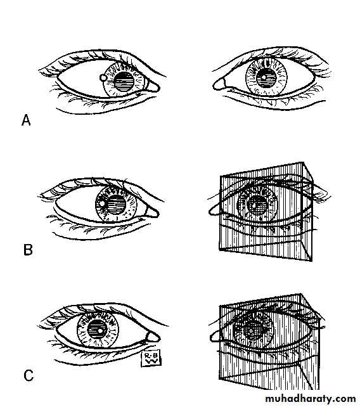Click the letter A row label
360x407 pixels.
26,120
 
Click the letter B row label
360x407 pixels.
28,250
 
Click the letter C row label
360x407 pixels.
29,375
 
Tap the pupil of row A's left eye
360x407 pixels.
124,81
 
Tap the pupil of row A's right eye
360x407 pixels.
266,78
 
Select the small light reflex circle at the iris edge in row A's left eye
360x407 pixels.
103,77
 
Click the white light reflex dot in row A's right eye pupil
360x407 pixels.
264,77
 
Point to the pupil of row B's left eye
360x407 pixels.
116,205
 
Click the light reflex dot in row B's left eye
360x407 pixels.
102,203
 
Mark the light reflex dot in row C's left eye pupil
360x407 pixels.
100,331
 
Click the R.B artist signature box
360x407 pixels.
151,358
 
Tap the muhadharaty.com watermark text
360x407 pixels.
310,398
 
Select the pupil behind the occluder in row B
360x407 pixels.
257,205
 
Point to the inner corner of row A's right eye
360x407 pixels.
219,84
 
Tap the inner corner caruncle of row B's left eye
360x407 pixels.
152,212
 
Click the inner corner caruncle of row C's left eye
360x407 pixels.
153,337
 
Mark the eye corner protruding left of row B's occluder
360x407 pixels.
215,209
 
